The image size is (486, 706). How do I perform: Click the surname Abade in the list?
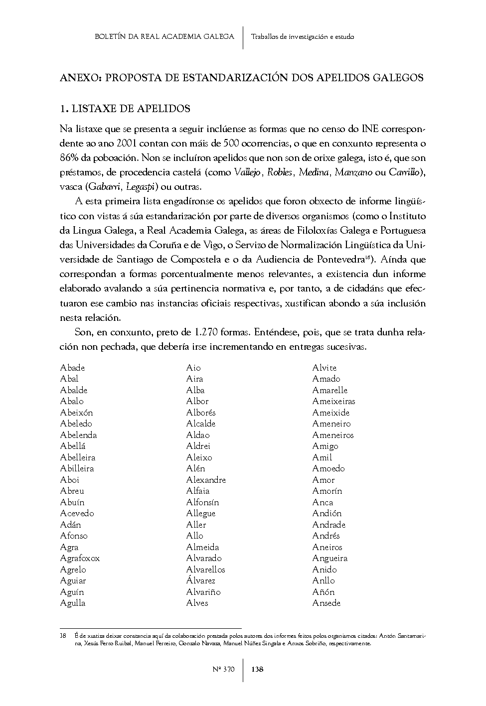click(73, 368)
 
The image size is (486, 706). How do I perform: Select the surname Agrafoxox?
click(80, 559)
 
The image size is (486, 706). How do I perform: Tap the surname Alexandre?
click(206, 480)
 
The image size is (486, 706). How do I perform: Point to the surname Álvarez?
click(201, 580)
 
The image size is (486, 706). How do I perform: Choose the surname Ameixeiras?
click(333, 401)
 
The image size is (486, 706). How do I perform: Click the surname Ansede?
click(326, 603)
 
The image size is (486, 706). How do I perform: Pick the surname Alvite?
click(324, 368)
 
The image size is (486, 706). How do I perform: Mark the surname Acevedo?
click(77, 513)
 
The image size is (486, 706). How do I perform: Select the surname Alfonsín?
click(202, 502)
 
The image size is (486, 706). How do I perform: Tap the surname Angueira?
click(329, 559)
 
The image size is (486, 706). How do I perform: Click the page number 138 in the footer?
click(257, 669)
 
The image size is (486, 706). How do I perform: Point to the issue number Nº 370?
click(223, 669)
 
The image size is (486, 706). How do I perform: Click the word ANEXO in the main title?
click(80, 78)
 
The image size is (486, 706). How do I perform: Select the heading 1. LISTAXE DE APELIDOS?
click(125, 109)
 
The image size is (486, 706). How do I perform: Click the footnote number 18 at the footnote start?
click(63, 636)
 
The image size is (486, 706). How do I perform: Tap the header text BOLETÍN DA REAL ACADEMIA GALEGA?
click(164, 36)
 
